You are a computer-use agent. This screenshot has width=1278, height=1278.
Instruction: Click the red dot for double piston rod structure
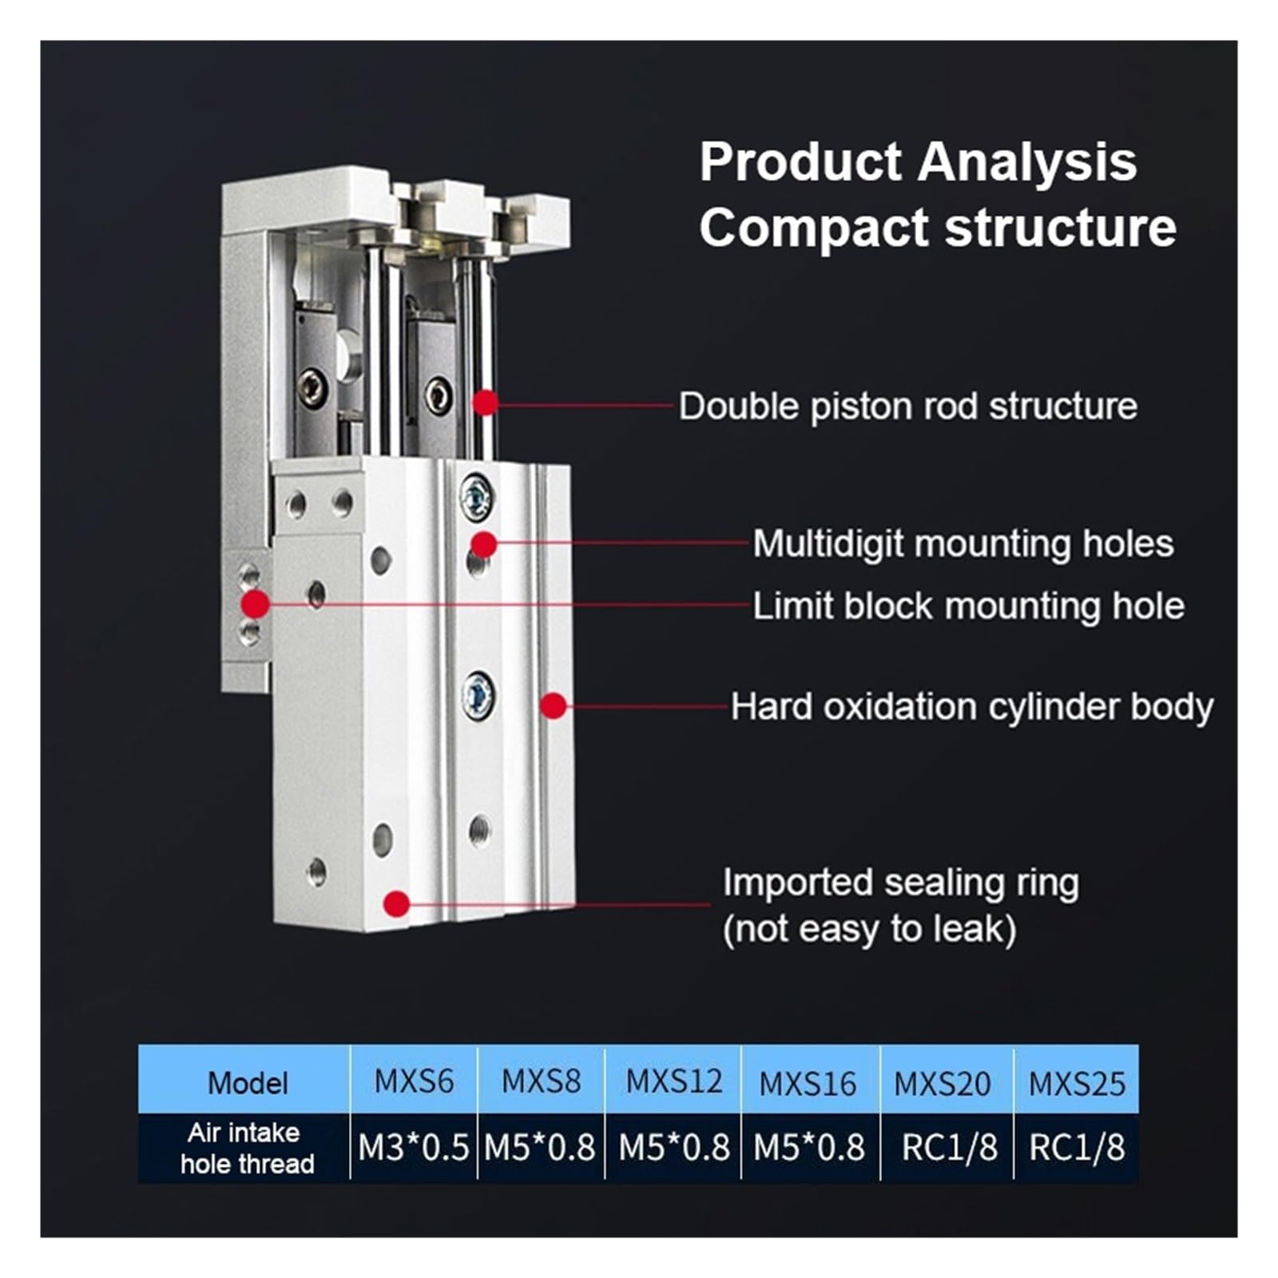tap(485, 403)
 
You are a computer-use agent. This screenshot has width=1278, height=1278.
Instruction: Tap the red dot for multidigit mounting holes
tap(483, 545)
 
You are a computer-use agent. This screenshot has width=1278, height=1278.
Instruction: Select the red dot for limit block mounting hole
tap(256, 603)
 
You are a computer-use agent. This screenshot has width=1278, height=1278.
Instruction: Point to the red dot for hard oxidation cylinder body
tap(554, 705)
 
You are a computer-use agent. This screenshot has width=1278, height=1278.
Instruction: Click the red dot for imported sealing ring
tap(396, 903)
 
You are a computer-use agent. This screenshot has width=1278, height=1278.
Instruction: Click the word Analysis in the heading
tap(1026, 162)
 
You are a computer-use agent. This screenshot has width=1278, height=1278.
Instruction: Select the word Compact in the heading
tap(814, 228)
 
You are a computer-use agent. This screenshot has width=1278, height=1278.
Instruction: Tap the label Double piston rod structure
tap(907, 406)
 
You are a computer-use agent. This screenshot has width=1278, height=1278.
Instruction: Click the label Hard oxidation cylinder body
tap(971, 707)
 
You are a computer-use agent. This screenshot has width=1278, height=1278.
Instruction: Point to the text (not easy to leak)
tap(869, 929)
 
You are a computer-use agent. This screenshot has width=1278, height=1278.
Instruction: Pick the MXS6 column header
tap(414, 1082)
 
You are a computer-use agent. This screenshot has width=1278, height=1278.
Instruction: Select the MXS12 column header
tap(673, 1082)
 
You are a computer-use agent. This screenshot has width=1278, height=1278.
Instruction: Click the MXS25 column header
tap(1076, 1083)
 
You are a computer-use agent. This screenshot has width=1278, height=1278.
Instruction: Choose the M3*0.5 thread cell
tap(414, 1148)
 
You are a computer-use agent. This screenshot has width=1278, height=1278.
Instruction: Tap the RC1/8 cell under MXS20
tap(948, 1148)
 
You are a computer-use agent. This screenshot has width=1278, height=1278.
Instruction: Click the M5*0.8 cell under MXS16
tap(808, 1148)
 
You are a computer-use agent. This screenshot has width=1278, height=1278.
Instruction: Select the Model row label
tap(247, 1083)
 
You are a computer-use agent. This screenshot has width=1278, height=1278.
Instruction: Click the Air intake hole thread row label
tap(247, 1148)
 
